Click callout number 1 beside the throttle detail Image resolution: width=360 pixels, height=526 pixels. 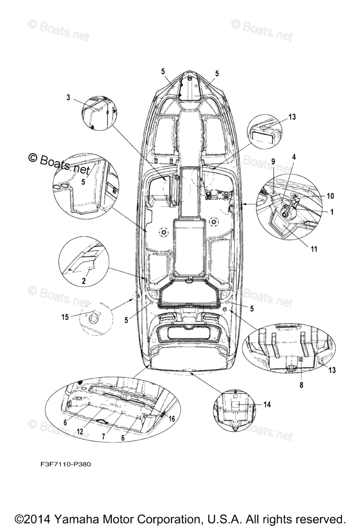(332, 212)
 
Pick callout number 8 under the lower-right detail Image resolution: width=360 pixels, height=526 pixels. (301, 385)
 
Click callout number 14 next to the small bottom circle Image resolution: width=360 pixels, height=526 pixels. (267, 405)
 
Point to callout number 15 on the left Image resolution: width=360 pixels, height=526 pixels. (65, 317)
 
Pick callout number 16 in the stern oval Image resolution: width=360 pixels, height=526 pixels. (171, 419)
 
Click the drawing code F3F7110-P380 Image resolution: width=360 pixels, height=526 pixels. (64, 464)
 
